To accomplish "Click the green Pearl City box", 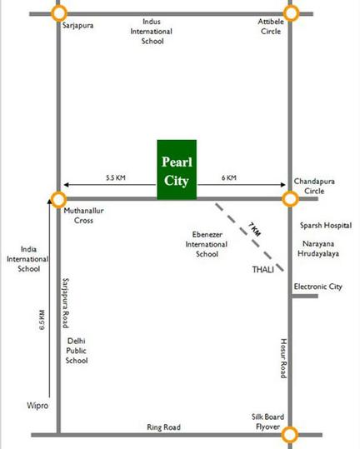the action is coord(177,170).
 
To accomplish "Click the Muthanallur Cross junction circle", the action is coord(52,199).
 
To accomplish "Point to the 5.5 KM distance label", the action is coord(116,177).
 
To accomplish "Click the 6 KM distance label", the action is coord(229,177).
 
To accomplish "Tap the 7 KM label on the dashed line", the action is coord(254,230).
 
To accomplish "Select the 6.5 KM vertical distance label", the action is coord(42,320).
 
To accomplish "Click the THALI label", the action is coord(262,269).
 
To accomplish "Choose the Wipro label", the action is coord(37,406).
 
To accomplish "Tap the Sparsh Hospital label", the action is coord(326,226).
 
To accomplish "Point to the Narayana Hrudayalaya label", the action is coord(318,248).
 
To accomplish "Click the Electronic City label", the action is coord(317,287).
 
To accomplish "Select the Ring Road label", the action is coord(163,427).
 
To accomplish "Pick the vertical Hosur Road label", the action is coord(283,358).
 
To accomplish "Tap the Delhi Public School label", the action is coord(77,351).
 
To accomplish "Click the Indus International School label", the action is coord(151,31).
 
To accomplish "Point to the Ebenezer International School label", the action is coord(207,244).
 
